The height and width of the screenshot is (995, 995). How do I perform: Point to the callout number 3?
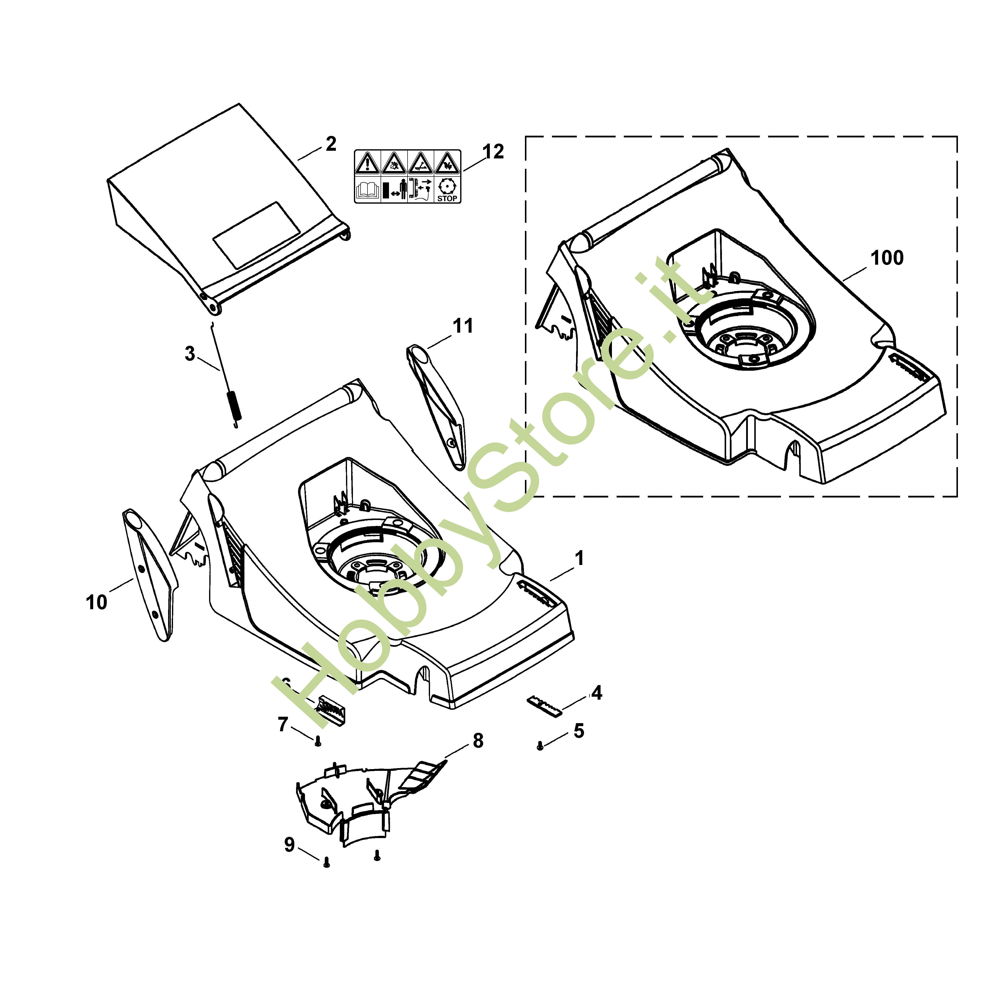[x=190, y=354]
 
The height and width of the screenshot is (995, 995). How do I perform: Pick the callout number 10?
[x=96, y=602]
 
